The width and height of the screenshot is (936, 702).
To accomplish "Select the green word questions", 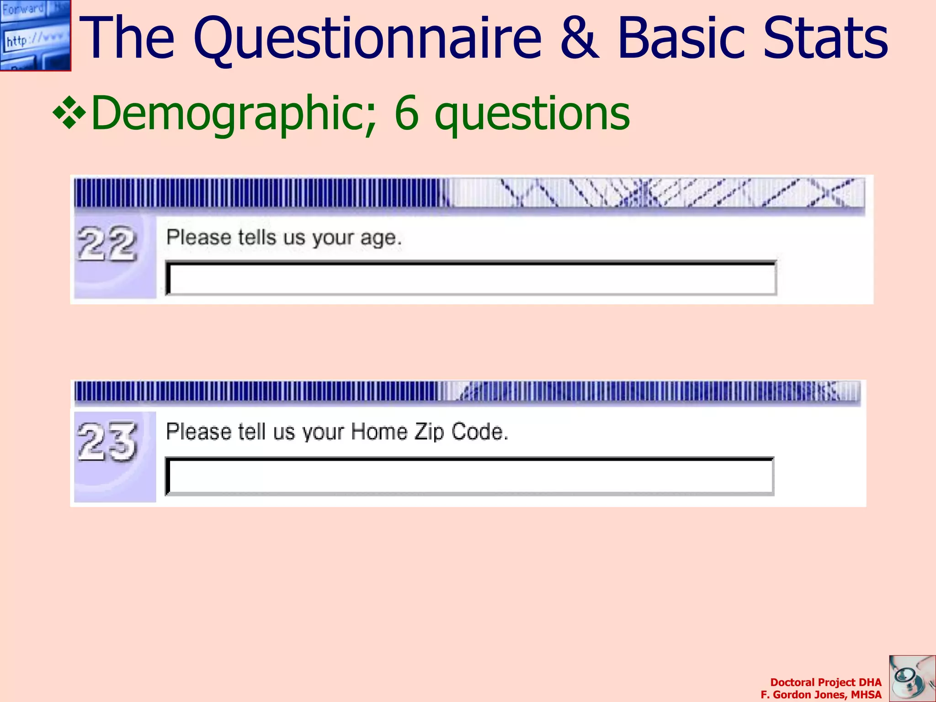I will (x=532, y=114).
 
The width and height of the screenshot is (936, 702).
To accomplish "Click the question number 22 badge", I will (x=107, y=245).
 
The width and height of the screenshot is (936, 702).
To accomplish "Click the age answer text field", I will (x=471, y=278).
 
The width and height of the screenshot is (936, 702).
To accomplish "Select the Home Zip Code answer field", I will (x=469, y=476).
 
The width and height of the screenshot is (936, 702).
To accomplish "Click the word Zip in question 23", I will (x=429, y=432).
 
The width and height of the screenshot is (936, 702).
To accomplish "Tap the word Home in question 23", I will (x=379, y=432).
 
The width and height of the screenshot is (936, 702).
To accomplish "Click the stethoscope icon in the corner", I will (x=911, y=678).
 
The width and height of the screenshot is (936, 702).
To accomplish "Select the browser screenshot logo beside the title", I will (x=35, y=35).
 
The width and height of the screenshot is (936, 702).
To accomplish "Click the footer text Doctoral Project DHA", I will (x=825, y=682).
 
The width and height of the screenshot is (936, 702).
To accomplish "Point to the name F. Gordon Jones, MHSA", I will (x=821, y=695).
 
